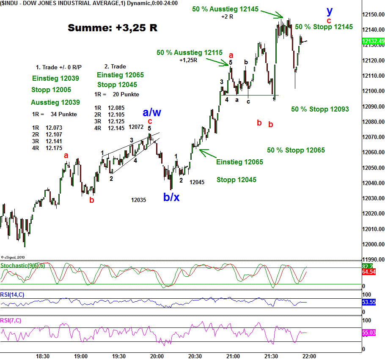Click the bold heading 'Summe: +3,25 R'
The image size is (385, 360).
click(x=113, y=28)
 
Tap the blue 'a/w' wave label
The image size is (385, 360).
click(x=152, y=112)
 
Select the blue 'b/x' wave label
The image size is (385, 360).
click(x=171, y=197)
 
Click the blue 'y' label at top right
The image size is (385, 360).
click(x=330, y=11)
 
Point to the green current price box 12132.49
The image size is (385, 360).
click(x=373, y=41)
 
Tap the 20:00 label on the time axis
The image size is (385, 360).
click(x=157, y=356)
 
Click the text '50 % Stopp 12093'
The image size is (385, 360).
click(x=320, y=109)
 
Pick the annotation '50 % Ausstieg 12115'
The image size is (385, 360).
click(x=189, y=53)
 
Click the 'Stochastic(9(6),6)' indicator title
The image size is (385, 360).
click(x=23, y=265)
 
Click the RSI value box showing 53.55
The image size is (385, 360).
click(x=373, y=303)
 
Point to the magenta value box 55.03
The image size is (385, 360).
click(x=373, y=333)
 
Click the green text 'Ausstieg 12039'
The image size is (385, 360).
click(x=55, y=102)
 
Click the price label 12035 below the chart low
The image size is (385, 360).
click(x=138, y=200)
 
